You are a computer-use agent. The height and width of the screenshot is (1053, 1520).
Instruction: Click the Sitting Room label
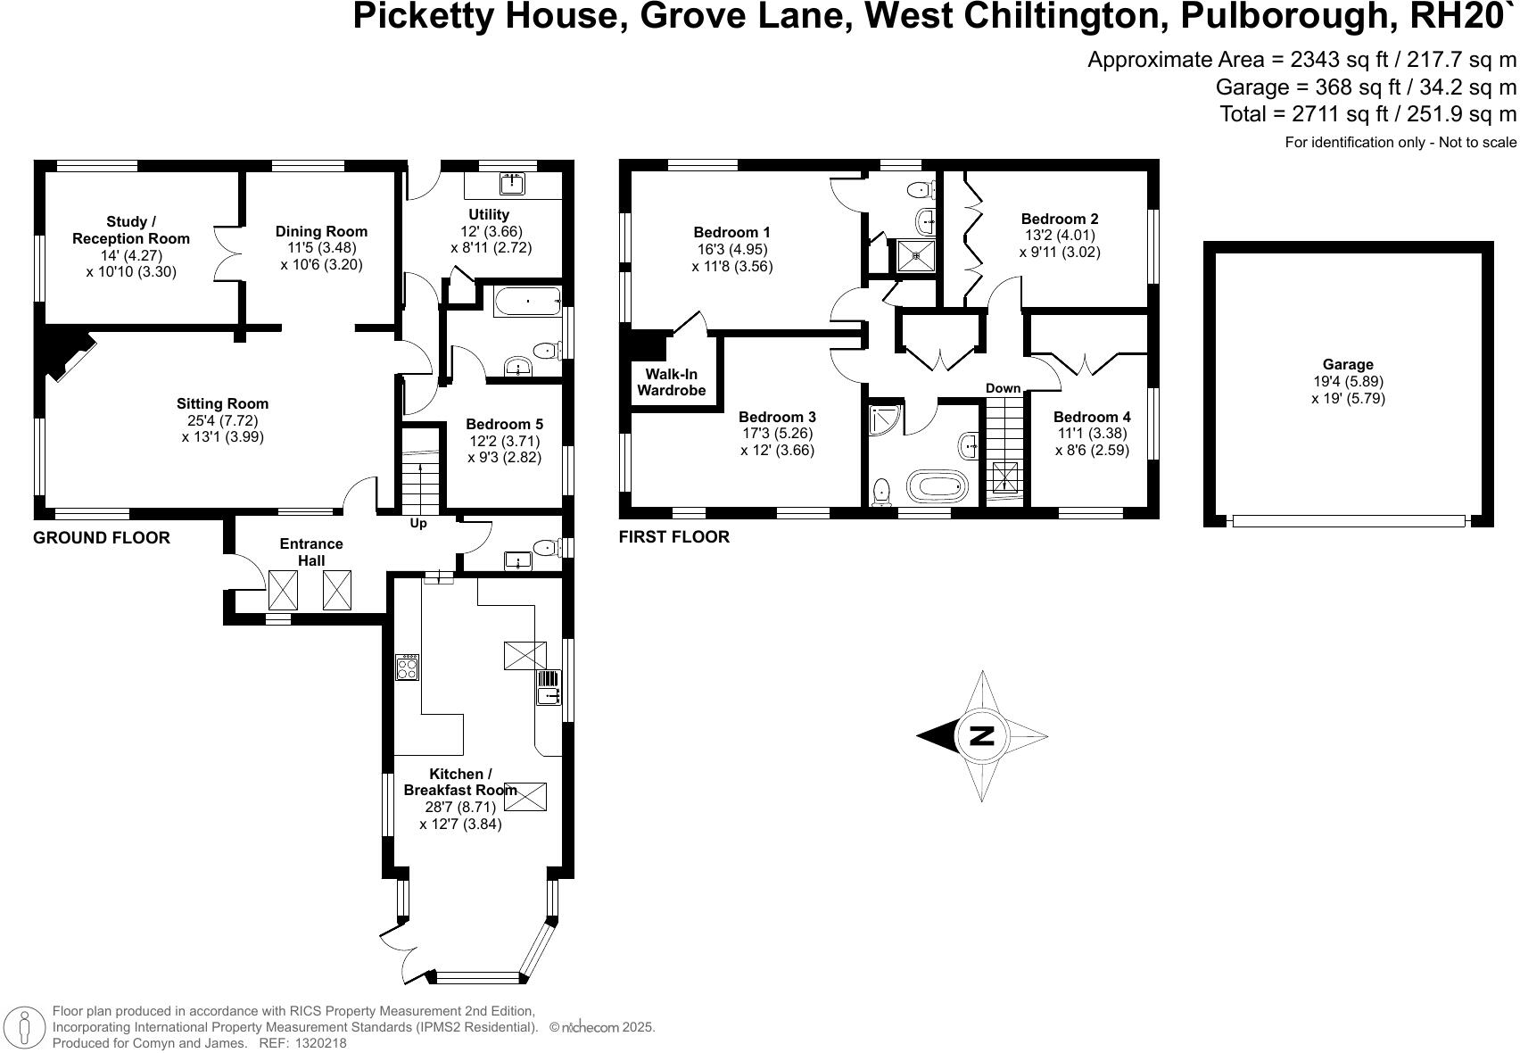(222, 404)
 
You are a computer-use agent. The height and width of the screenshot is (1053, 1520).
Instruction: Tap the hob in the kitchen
(408, 667)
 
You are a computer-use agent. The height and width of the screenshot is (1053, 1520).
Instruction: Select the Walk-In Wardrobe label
(671, 382)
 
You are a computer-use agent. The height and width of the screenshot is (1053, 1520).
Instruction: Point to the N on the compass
(981, 736)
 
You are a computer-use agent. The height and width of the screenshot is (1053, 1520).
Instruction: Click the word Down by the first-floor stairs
(1003, 388)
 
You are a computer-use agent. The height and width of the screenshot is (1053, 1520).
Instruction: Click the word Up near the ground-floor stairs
(418, 524)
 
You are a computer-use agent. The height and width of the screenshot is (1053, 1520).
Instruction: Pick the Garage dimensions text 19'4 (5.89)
(1348, 381)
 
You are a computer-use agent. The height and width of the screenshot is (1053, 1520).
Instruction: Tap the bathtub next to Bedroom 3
(937, 487)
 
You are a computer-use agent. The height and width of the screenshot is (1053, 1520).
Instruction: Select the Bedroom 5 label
(504, 425)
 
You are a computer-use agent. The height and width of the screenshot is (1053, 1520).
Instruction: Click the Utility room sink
(513, 184)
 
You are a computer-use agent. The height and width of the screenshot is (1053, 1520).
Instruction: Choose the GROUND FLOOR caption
(101, 537)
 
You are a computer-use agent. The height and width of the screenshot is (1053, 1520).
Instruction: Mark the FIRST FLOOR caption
(673, 536)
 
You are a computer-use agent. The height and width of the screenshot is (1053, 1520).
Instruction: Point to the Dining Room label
(321, 231)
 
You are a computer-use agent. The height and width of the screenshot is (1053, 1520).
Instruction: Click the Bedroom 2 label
(1060, 219)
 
